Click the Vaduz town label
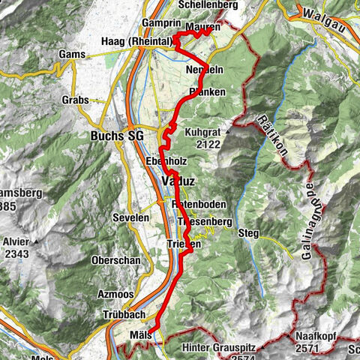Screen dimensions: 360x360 pyautogui.click(x=176, y=182)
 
